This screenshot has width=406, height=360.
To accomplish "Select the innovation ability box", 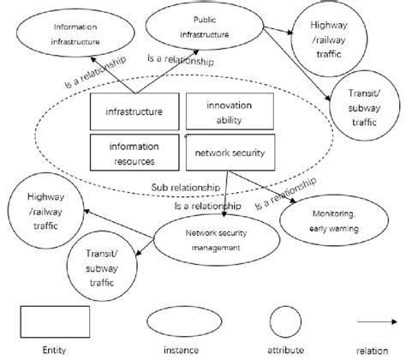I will [x=229, y=111].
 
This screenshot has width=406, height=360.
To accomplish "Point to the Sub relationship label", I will [x=177, y=186].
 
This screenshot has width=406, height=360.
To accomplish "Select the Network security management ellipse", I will [x=210, y=238].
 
